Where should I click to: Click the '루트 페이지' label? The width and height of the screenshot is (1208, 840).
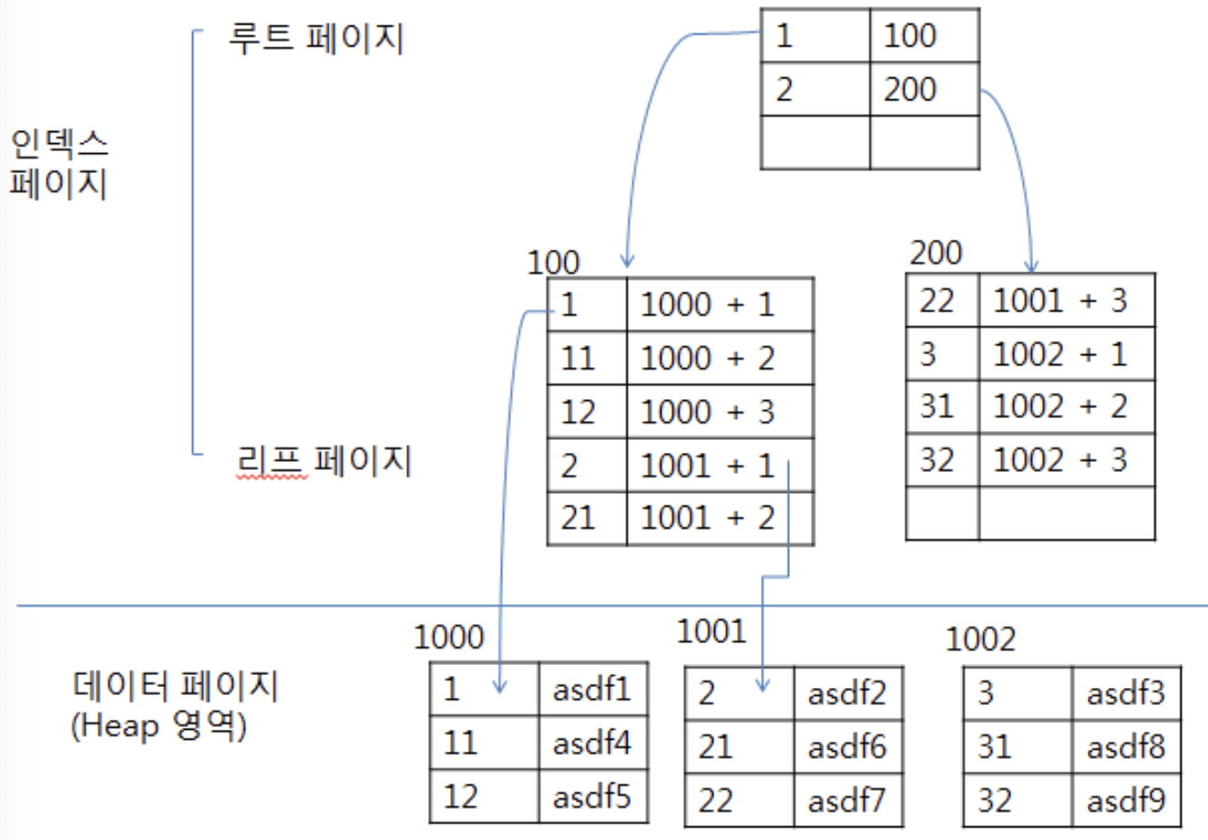click(x=315, y=39)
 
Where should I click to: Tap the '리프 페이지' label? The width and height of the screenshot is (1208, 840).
click(x=323, y=460)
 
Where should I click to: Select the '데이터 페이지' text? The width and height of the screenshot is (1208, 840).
click(x=175, y=685)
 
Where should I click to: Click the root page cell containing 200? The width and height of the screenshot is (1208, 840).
click(x=924, y=89)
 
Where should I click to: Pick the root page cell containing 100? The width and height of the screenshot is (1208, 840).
click(x=924, y=36)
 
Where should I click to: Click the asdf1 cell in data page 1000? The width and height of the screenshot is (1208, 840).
click(x=593, y=690)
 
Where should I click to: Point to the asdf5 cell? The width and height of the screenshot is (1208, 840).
click(x=593, y=796)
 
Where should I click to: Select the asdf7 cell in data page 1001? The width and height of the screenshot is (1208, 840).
click(x=847, y=801)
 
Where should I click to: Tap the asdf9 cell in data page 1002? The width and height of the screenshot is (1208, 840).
click(x=1126, y=801)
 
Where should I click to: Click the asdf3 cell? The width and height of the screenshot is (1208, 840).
click(x=1126, y=694)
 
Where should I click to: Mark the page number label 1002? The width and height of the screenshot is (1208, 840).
click(x=980, y=640)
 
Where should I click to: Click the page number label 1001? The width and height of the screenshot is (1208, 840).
click(x=711, y=630)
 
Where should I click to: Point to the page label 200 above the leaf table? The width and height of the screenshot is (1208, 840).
click(x=936, y=252)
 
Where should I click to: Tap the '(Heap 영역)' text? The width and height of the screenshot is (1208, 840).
click(x=159, y=726)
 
